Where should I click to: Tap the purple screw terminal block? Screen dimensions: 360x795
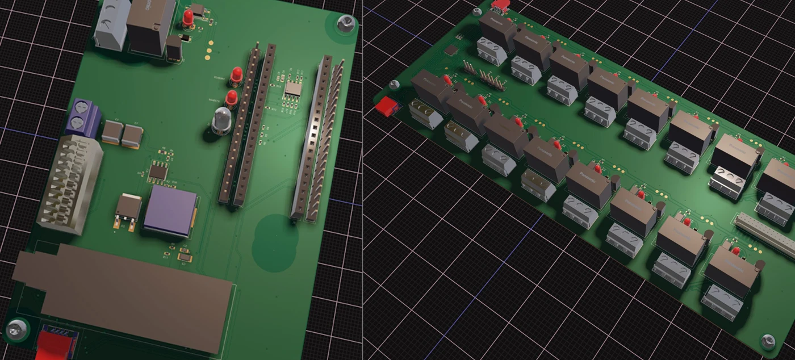pos(82,117)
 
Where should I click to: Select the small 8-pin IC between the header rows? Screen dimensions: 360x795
pos(294,88)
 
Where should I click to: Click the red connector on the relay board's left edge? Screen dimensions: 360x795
pos(387,106)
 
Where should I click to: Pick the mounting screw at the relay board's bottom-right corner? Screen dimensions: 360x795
pos(767,341)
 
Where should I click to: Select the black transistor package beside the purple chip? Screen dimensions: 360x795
pos(128,210)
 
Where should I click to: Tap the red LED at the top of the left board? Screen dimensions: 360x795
pos(187,18)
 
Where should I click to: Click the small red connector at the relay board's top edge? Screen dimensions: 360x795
pos(499,5)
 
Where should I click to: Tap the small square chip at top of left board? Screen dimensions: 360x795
pos(198,9)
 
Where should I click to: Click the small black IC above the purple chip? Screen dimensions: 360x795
pos(158,171)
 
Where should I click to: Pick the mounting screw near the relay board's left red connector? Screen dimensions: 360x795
pos(394,85)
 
